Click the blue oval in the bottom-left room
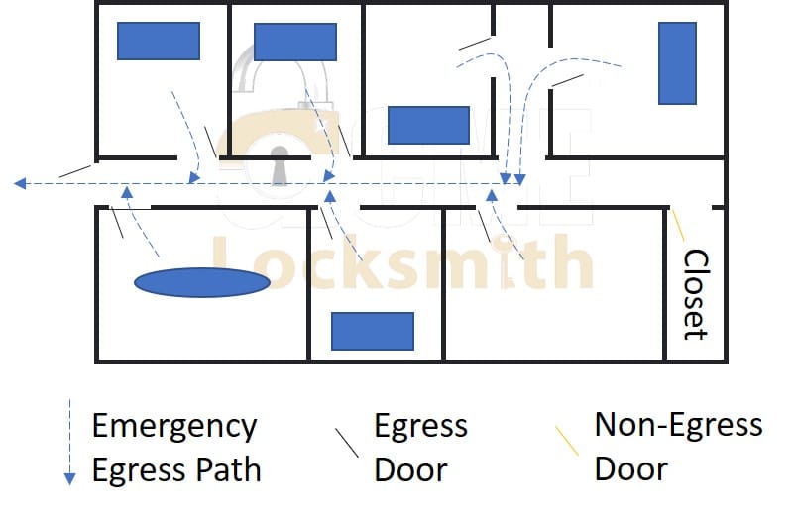coord(202,283)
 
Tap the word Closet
coord(697,294)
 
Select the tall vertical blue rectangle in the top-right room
coord(677,61)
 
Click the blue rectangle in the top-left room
coord(159,41)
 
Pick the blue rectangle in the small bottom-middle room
coord(372,331)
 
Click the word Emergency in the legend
coord(174,427)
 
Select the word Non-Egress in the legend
coord(678,425)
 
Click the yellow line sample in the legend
coord(567,441)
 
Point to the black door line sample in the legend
coord(346,442)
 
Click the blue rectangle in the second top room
coord(295,42)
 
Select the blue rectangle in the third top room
coord(428,126)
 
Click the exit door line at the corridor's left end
coord(75,171)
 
